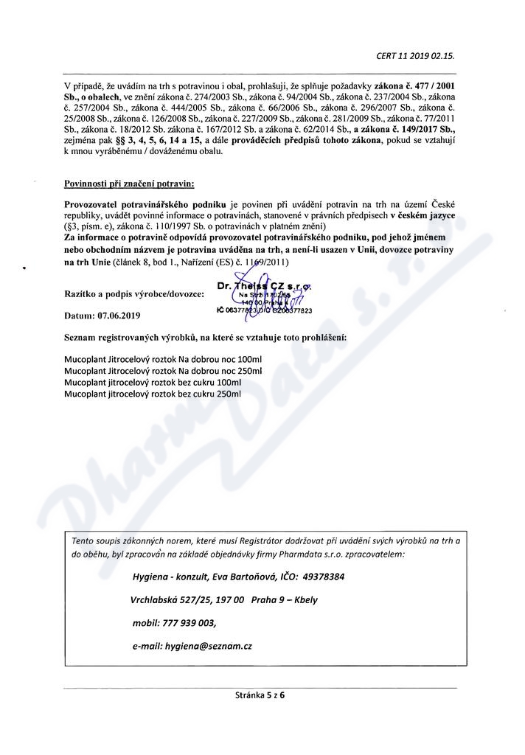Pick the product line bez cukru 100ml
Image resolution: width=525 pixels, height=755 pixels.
(153, 383)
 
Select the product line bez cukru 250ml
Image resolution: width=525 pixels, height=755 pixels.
(153, 394)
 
